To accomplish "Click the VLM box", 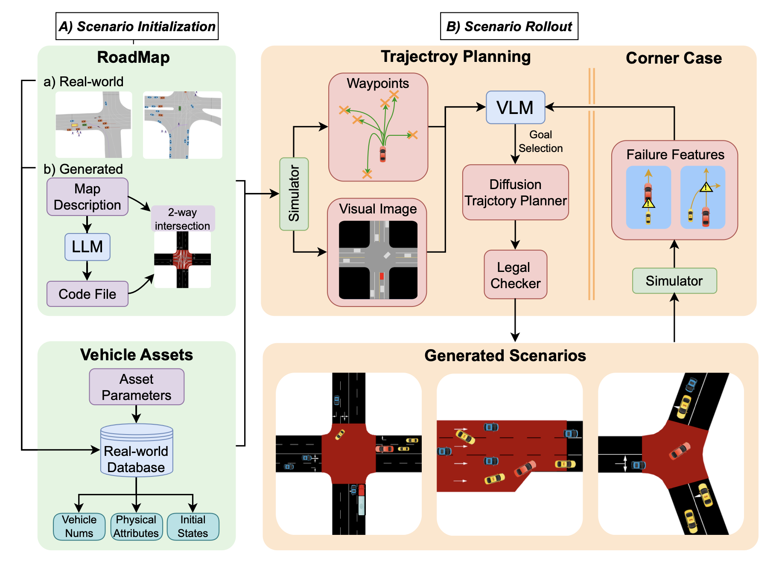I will click(515, 108).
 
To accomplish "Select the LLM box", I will click(88, 247).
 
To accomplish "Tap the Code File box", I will click(88, 294).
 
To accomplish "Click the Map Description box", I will click(88, 197).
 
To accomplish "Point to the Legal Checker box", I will click(515, 275).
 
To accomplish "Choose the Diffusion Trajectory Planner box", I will click(515, 193).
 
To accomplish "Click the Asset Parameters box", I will click(137, 387).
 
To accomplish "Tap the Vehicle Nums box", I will click(79, 526).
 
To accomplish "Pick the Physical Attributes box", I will click(136, 526).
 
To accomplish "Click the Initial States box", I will click(193, 526).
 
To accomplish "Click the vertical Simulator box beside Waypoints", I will click(294, 194).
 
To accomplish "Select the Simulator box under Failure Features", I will click(674, 281).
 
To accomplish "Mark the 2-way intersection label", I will click(183, 219).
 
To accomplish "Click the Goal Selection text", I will click(540, 141).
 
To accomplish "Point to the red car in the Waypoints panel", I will click(383, 154).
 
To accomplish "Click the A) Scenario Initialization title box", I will click(137, 26).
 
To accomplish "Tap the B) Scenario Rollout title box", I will click(509, 26).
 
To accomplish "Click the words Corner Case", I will click(674, 58).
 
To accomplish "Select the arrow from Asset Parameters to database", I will click(137, 414).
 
